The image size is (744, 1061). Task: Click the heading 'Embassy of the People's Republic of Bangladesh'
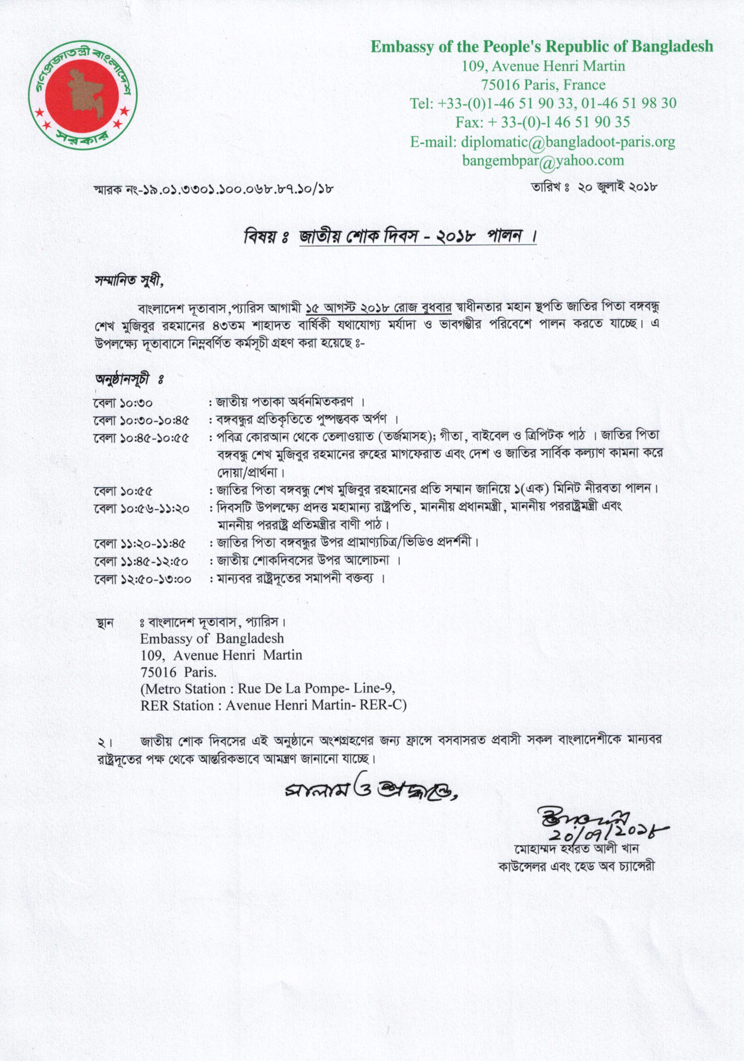(542, 47)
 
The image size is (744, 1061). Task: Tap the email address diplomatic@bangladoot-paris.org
(568, 142)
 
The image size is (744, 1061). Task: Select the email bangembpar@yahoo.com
(543, 160)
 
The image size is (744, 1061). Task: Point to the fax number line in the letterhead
(543, 122)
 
